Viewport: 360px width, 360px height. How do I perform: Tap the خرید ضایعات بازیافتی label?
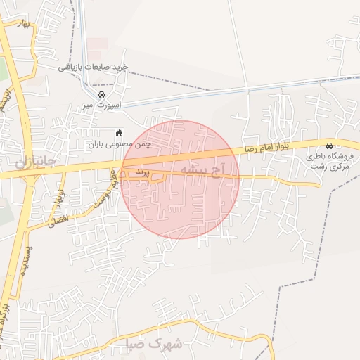[x=94, y=67]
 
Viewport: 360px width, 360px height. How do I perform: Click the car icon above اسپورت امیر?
[x=102, y=95]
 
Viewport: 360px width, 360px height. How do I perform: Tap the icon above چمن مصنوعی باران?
[x=119, y=133]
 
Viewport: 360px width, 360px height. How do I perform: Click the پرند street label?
[x=142, y=172]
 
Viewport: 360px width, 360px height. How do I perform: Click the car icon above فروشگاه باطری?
[x=330, y=146]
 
